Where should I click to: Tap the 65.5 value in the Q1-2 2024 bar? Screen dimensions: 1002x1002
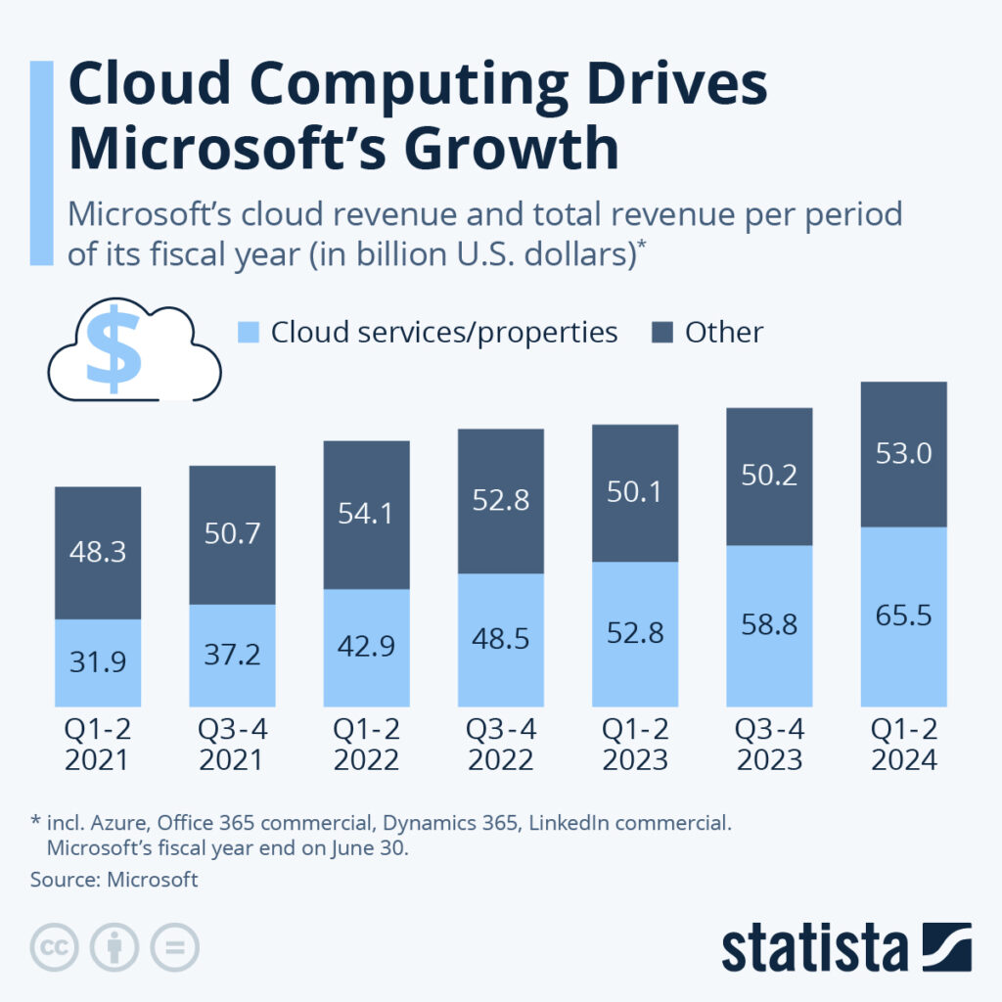[903, 615]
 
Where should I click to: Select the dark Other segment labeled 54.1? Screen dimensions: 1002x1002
[367, 514]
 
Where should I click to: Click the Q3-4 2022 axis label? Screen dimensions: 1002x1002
[500, 745]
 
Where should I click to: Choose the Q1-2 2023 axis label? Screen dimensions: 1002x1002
[635, 745]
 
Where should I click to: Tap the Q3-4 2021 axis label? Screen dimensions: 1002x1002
[232, 745]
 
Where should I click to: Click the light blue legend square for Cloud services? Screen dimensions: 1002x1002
[249, 333]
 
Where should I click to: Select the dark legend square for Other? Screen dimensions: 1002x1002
[662, 333]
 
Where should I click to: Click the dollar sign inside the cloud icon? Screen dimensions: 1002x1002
[114, 347]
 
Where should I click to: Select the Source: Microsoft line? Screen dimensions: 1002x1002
[114, 880]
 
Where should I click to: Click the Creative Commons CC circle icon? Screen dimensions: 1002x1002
[55, 947]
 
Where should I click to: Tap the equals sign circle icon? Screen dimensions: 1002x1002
[175, 947]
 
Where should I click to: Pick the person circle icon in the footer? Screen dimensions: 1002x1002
[114, 947]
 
